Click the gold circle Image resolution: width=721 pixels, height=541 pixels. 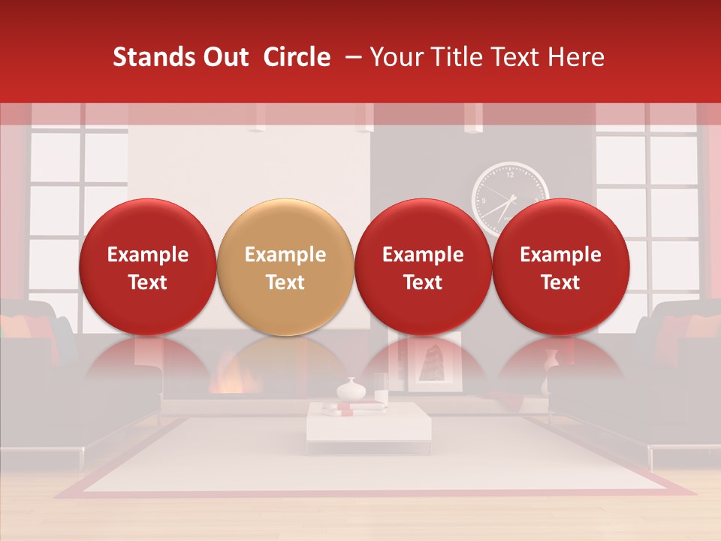[285, 267]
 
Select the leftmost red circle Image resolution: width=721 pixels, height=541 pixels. [147, 267]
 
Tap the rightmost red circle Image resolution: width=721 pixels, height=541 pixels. [561, 267]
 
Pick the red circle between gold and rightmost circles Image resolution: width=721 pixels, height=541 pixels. [423, 267]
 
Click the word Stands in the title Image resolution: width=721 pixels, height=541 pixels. [147, 57]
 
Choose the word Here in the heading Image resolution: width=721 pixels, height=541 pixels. [577, 57]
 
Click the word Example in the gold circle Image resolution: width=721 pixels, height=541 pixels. [285, 255]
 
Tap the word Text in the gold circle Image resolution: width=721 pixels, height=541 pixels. [285, 283]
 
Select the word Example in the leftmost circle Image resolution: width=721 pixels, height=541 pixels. [147, 255]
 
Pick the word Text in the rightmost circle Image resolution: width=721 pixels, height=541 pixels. [561, 283]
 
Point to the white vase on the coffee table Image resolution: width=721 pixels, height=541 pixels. [350, 389]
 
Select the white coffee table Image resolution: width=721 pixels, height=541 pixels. [368, 425]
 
